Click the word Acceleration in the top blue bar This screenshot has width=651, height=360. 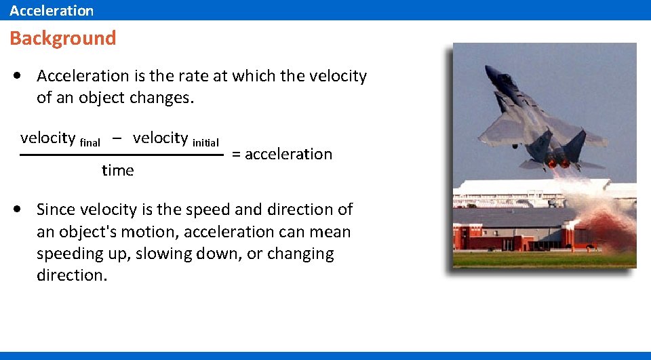(x=52, y=10)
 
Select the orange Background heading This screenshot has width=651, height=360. (x=63, y=38)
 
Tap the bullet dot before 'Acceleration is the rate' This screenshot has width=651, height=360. (x=16, y=77)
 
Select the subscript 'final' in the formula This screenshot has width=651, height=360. (x=90, y=142)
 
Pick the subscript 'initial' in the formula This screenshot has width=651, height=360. (x=205, y=142)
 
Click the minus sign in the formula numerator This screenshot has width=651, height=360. (x=117, y=138)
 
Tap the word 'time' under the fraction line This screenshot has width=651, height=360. (x=118, y=171)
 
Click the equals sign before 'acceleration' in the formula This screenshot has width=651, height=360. (x=236, y=155)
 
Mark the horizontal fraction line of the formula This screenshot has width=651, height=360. (x=122, y=155)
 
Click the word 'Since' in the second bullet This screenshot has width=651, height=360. (x=57, y=209)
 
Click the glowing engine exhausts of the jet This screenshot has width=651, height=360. (x=557, y=163)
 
